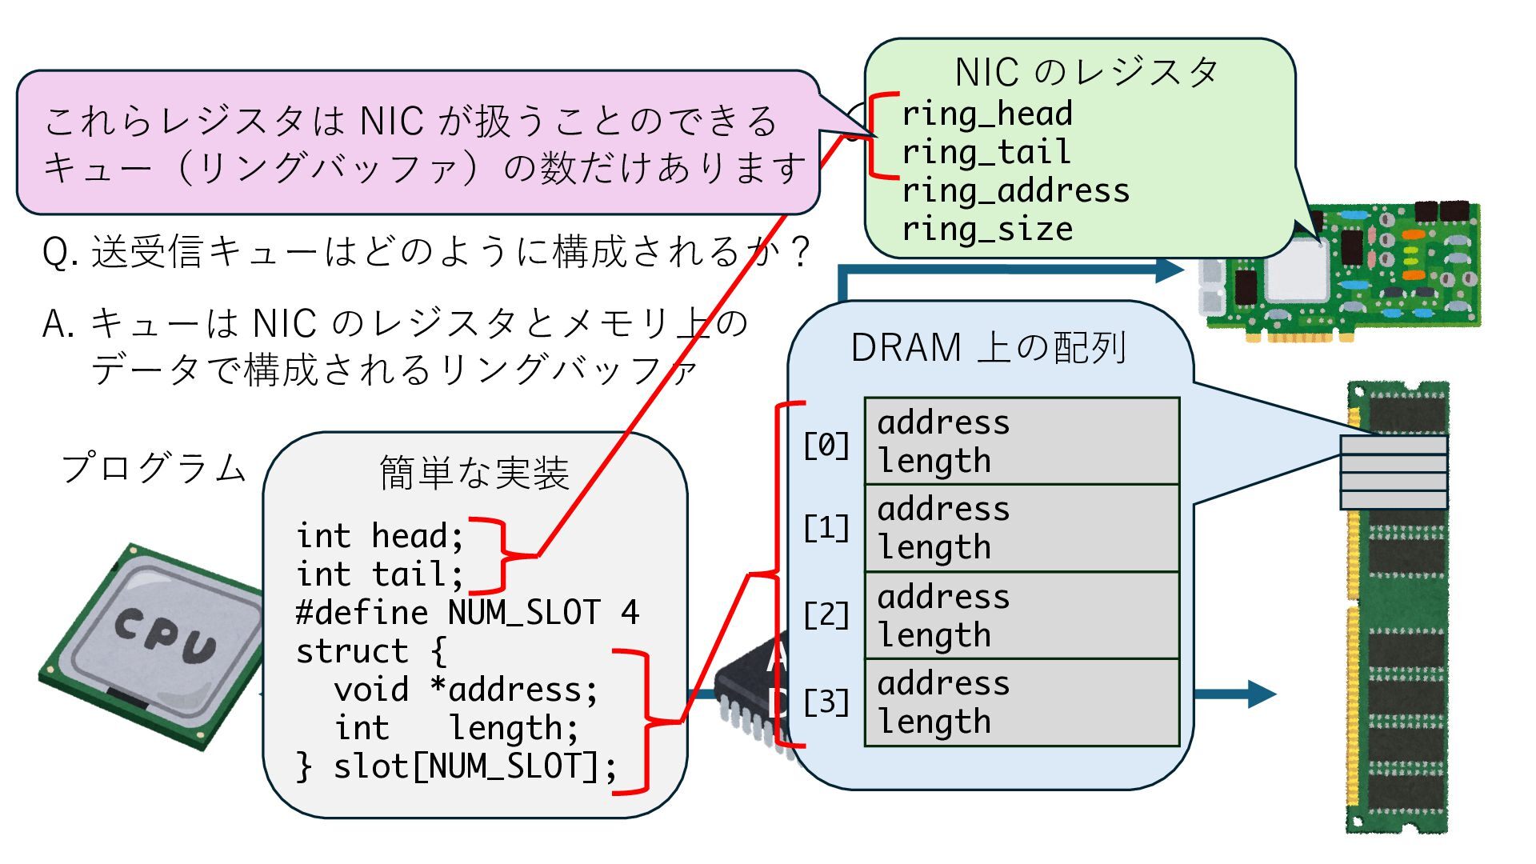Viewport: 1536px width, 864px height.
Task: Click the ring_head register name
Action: point(986,114)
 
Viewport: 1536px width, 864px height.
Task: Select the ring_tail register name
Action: point(986,152)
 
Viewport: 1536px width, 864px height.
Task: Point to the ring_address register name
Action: point(1015,190)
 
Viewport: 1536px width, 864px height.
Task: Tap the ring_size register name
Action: point(986,229)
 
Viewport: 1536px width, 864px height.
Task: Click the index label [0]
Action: point(826,445)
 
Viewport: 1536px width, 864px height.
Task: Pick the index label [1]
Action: point(826,528)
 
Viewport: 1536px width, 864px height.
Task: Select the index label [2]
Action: point(826,615)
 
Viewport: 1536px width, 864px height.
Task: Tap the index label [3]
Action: point(826,702)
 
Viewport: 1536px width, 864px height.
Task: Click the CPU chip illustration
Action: point(152,644)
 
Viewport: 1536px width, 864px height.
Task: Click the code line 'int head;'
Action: point(379,536)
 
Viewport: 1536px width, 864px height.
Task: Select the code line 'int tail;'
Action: point(379,574)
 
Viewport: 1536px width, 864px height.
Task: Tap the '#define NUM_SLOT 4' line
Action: point(467,613)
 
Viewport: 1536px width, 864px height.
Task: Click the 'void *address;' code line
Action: point(466,690)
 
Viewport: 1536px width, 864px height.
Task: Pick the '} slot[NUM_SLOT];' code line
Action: point(456,766)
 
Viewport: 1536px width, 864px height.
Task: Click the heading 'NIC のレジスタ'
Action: point(1086,73)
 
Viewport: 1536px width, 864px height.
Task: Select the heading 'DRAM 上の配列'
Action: point(989,348)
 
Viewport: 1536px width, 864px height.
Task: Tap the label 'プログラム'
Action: point(154,468)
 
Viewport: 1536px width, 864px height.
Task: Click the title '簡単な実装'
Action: point(474,472)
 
